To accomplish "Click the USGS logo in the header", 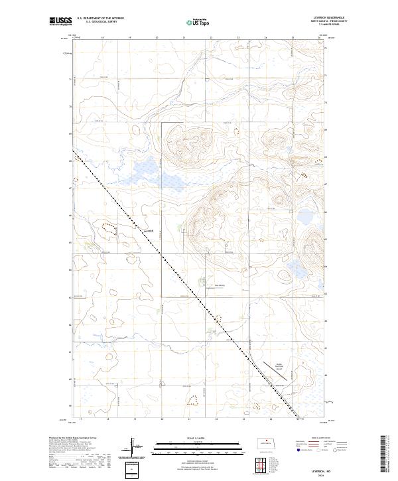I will [60, 22].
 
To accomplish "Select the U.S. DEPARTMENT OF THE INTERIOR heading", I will [100, 18].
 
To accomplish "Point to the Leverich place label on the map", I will [149, 230].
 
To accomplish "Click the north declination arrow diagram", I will [132, 446].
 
